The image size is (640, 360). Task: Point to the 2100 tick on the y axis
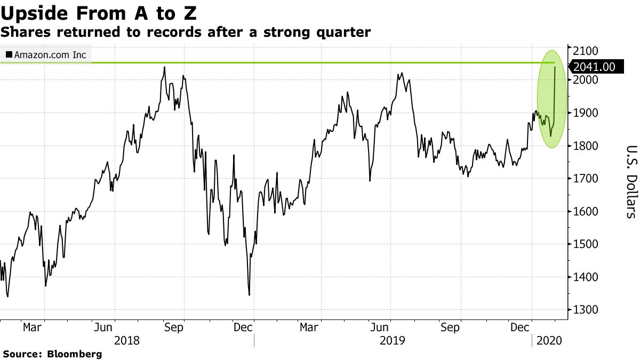point(585,51)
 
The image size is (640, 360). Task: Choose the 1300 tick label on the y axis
point(585,310)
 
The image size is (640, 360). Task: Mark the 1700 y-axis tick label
point(585,179)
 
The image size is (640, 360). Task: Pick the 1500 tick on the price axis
point(585,244)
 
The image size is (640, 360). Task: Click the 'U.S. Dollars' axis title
point(631,181)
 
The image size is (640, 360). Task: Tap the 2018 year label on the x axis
point(127,340)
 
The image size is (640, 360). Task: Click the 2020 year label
point(548,340)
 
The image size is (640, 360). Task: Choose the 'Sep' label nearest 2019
point(451,327)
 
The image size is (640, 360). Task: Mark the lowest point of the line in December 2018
point(249,295)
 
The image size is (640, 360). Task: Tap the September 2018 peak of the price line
point(164,67)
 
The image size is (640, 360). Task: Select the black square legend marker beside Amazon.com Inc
point(9,55)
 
